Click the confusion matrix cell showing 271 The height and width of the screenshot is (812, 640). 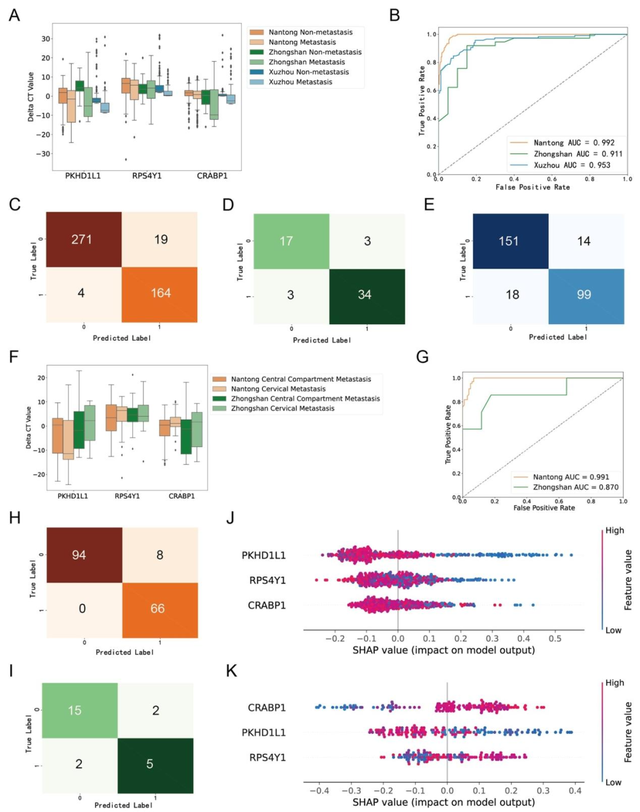click(82, 239)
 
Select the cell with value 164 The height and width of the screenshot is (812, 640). click(160, 293)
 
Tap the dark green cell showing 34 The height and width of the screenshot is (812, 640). click(365, 295)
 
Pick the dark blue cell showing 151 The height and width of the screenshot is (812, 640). click(508, 241)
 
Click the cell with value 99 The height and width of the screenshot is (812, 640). click(584, 295)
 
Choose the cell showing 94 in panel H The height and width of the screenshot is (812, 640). click(79, 555)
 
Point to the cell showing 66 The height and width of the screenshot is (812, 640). click(158, 609)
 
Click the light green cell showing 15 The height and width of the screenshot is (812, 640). click(75, 710)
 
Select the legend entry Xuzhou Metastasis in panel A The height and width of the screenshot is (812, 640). click(300, 82)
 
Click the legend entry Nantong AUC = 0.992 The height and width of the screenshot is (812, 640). click(574, 143)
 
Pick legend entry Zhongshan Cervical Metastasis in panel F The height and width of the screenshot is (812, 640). click(282, 408)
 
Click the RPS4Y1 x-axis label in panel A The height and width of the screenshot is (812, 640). click(147, 175)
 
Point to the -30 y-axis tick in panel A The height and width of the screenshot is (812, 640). click(46, 154)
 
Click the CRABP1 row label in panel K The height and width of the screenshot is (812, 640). click(267, 708)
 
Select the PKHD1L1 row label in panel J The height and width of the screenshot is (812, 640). click(264, 555)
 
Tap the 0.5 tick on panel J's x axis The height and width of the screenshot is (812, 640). click(555, 638)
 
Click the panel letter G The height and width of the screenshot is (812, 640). click(423, 357)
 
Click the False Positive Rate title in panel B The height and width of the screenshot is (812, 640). click(533, 187)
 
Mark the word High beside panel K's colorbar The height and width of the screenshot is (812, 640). click(615, 683)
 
